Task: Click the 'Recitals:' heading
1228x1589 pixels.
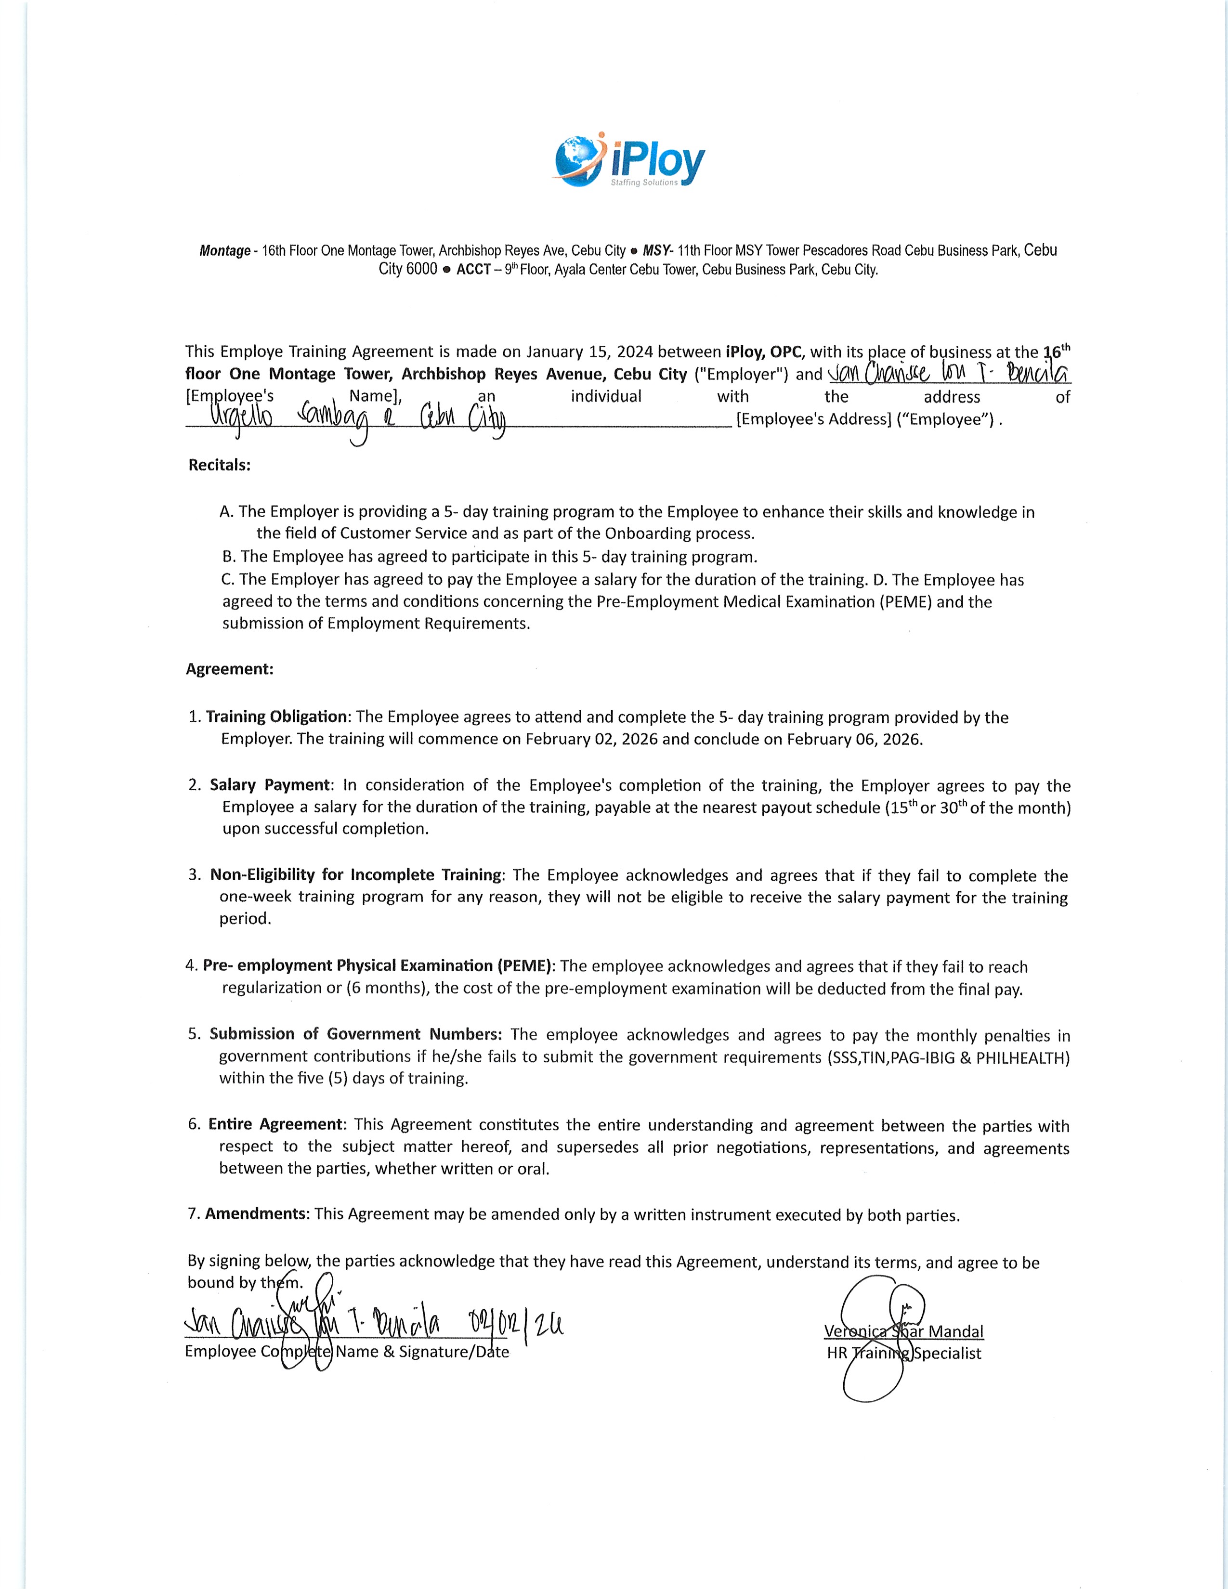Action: pos(219,466)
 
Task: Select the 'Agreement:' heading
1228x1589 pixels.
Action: pos(229,669)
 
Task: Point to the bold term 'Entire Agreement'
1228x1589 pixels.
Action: pos(275,1125)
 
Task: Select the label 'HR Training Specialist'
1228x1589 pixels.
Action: pos(903,1354)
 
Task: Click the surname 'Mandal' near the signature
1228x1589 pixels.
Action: pos(956,1332)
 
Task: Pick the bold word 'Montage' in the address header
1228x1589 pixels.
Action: pos(225,251)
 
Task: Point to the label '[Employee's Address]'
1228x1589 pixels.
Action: pos(813,420)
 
